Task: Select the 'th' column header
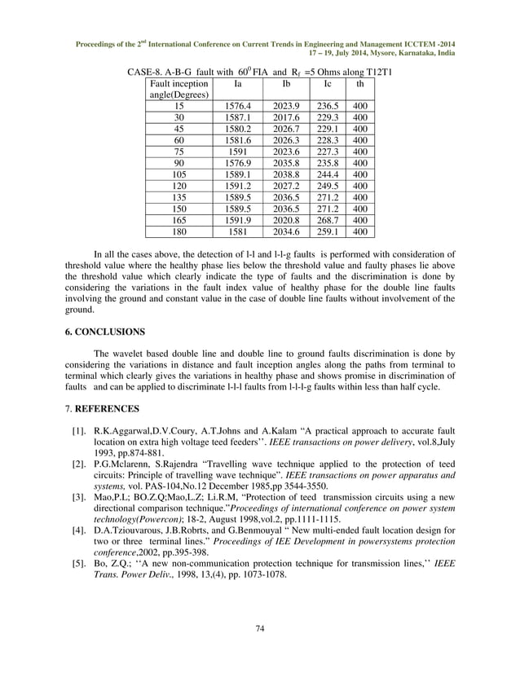tap(360, 84)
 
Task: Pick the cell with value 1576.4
tap(237, 106)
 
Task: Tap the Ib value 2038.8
tap(285, 174)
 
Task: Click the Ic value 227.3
tap(328, 152)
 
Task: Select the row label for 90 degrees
tap(179, 163)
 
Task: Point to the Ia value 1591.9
tap(237, 220)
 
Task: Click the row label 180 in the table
tap(179, 231)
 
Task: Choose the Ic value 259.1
tap(328, 231)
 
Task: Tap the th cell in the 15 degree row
tap(360, 106)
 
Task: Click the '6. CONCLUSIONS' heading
tap(104, 332)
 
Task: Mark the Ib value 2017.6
tap(285, 117)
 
